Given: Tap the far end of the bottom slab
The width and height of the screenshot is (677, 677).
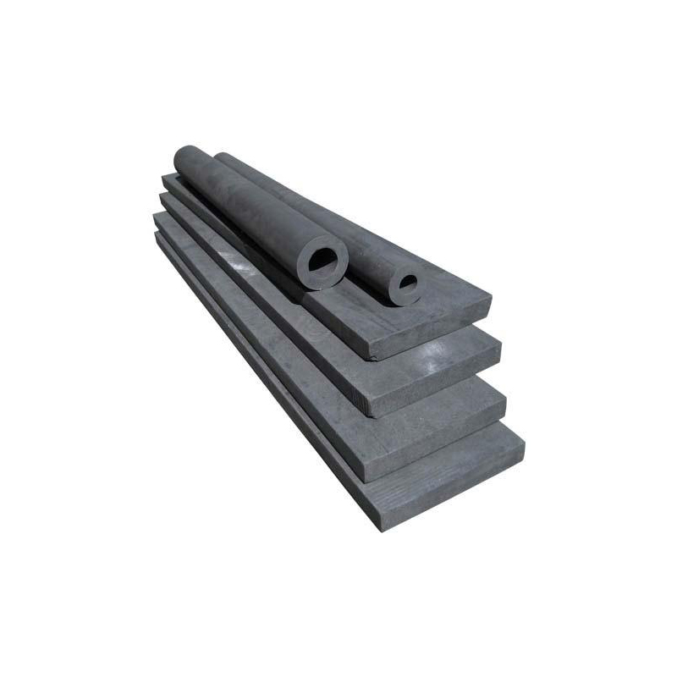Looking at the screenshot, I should [x=158, y=237].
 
